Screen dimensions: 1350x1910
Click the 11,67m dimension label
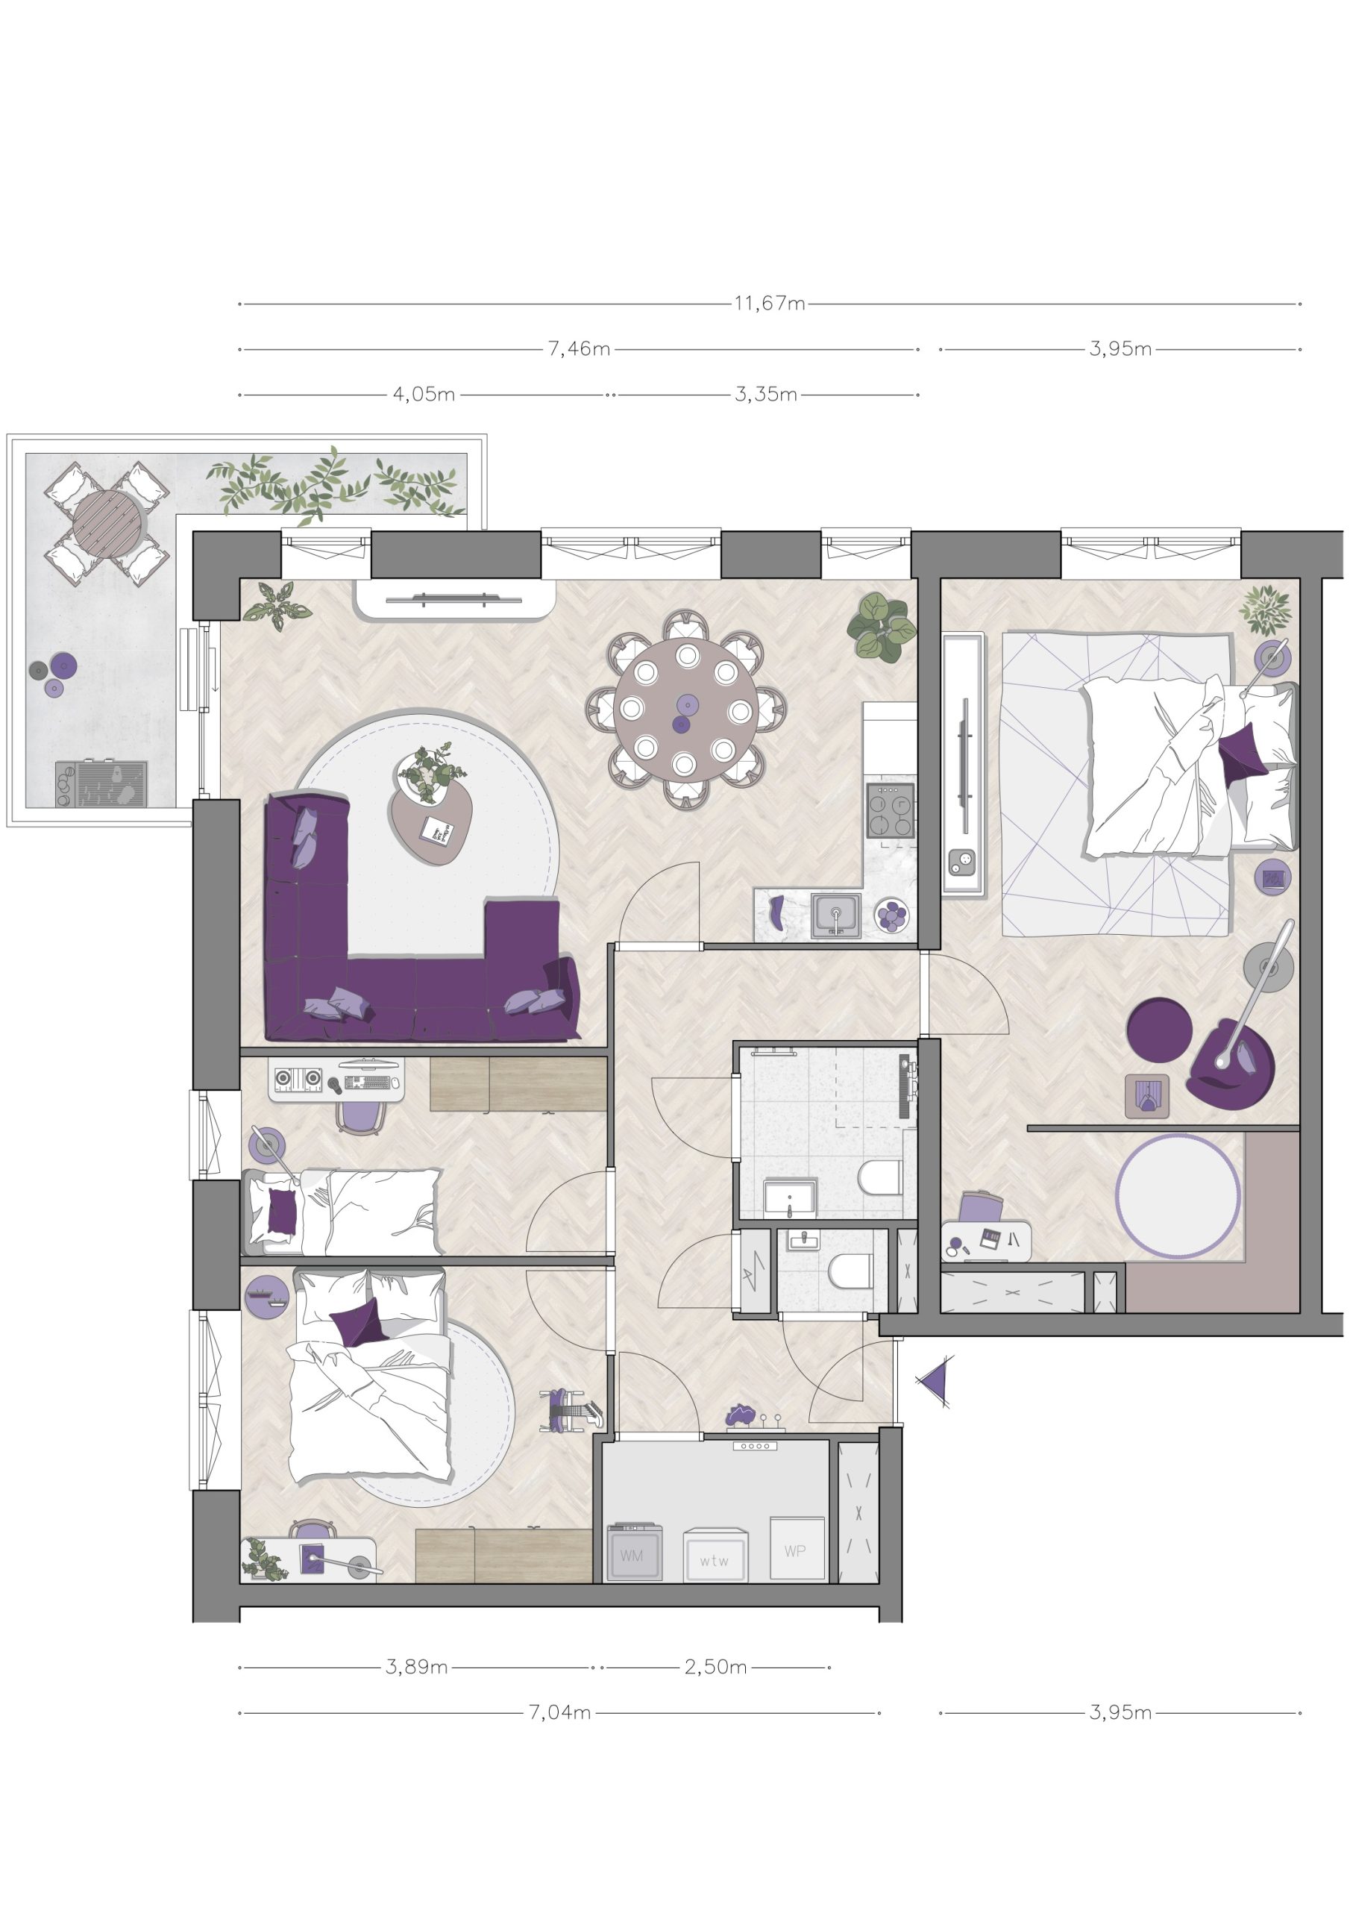tap(770, 304)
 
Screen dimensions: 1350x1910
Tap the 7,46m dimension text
tap(579, 349)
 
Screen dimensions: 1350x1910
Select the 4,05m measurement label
tap(424, 395)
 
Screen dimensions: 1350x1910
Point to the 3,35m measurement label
tap(766, 395)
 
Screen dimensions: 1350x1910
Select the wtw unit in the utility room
tap(715, 1556)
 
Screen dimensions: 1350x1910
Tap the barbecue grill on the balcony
tap(101, 783)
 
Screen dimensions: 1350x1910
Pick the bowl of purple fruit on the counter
tap(892, 916)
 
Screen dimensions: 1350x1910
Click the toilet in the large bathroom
tap(880, 1178)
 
